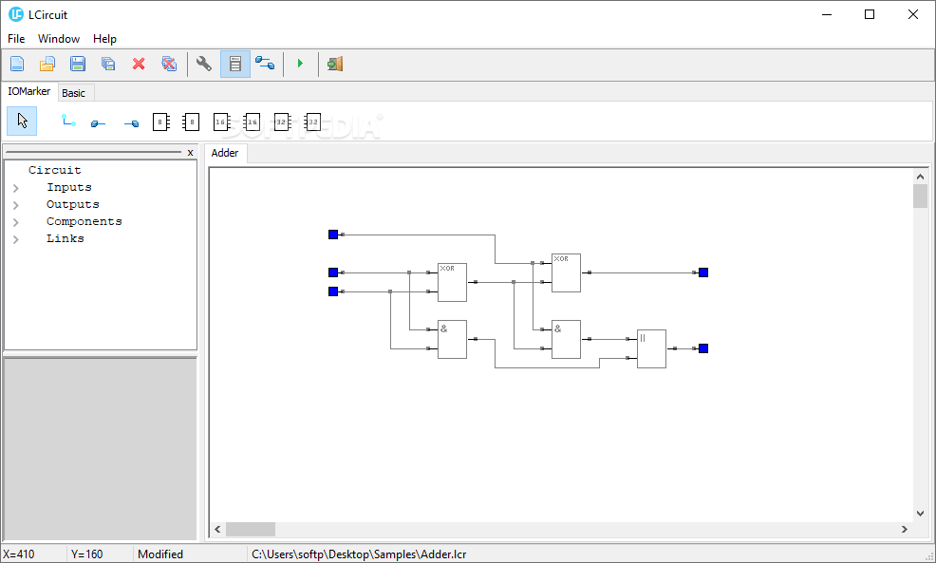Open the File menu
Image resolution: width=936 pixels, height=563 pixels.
[x=16, y=39]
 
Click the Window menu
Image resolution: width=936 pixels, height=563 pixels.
[x=59, y=39]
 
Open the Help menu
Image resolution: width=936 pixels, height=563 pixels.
[x=104, y=39]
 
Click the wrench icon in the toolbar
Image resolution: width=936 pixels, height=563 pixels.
[x=204, y=65]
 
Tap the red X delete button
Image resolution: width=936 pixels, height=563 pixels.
[x=139, y=65]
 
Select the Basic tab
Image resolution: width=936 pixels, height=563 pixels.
[x=74, y=93]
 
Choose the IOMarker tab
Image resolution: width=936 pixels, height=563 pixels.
[x=29, y=92]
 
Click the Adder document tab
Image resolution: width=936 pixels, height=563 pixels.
[x=225, y=153]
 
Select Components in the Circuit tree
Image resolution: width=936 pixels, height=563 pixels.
[x=84, y=221]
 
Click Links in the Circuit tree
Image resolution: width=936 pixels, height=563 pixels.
[x=66, y=238]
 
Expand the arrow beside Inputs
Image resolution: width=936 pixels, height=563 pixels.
[x=16, y=188]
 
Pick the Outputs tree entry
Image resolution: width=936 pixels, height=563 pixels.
[x=73, y=204]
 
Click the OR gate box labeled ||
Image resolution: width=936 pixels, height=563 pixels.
[x=651, y=348]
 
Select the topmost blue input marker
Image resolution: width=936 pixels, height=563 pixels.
[x=333, y=235]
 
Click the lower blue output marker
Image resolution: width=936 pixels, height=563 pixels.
[x=703, y=348]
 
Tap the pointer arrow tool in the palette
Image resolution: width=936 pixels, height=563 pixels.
[x=22, y=121]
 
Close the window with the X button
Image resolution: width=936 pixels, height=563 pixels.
[x=912, y=14]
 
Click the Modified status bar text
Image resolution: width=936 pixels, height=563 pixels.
[x=160, y=554]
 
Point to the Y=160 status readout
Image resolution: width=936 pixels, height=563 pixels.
[x=86, y=554]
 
